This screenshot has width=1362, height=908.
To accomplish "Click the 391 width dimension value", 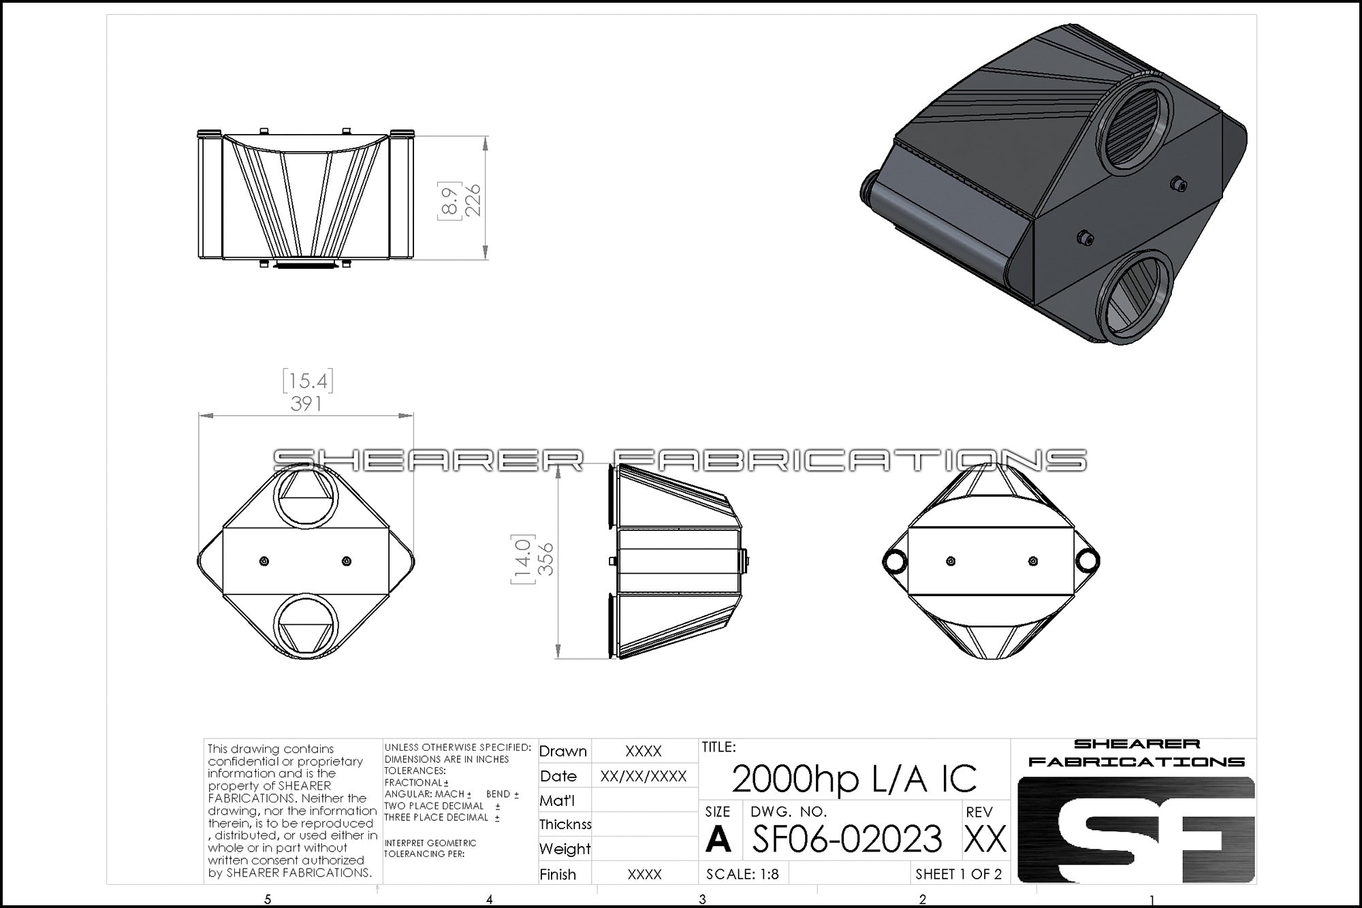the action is coord(306,404).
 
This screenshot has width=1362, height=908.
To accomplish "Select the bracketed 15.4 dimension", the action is coord(308,380).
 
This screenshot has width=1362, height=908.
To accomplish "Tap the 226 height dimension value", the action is coord(472,199).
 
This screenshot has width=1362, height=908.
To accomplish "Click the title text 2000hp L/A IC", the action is coord(854,779).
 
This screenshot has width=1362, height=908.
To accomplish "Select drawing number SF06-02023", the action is coord(847,838).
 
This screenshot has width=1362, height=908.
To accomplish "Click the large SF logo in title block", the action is coord(1136,830).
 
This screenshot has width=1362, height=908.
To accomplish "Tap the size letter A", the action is coord(718,839).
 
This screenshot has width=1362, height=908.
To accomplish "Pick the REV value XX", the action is coord(985,839).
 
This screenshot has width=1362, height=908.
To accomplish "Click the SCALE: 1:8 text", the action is coord(742,874).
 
